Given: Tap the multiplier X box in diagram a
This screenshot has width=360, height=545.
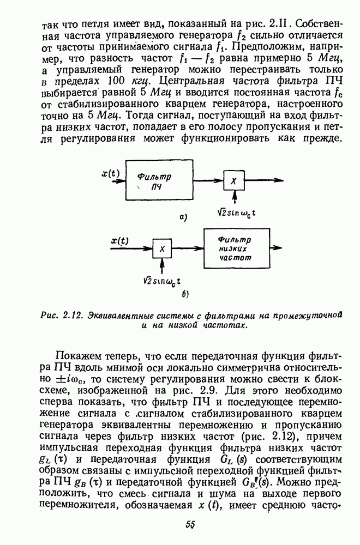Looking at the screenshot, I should click(233, 181).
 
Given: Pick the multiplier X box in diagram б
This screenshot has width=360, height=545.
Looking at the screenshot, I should click(162, 249).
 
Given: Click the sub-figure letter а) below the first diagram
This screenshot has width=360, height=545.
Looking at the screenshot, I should click(184, 217).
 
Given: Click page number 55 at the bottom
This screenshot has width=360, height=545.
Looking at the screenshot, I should click(190, 525).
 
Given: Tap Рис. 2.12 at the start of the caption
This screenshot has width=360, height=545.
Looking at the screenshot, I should click(59, 315).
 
